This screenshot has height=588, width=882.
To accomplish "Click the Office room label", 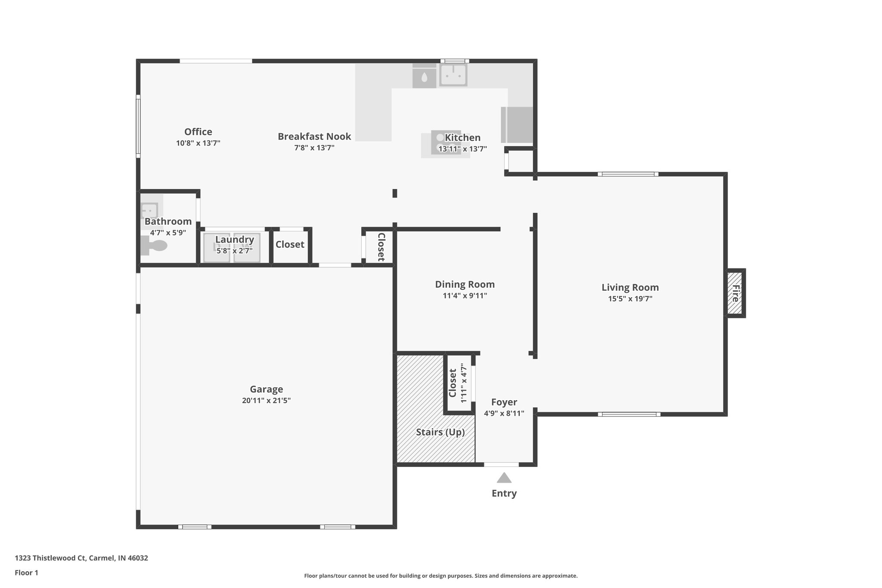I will (x=198, y=132).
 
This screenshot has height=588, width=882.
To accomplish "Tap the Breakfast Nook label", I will (x=314, y=137).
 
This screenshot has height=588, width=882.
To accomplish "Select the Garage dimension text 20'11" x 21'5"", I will (x=266, y=401).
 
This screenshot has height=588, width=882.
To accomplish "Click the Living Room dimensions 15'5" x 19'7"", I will (x=630, y=299).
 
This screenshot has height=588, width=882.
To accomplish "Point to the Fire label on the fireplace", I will (x=735, y=293).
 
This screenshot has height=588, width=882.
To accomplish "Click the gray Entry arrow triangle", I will (x=504, y=478).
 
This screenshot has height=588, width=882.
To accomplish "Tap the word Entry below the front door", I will (x=504, y=494).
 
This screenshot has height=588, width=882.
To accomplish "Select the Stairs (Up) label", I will (x=440, y=432).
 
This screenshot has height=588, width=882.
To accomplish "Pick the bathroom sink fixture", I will (x=149, y=211).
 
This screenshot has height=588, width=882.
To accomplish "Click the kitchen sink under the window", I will (x=453, y=75).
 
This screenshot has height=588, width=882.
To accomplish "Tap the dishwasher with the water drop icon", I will (x=424, y=78).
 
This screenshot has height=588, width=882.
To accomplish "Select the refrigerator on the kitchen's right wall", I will (x=517, y=125).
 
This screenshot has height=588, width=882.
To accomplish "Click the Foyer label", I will (x=504, y=402).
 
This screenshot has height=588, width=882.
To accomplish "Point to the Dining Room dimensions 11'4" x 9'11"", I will (x=464, y=296).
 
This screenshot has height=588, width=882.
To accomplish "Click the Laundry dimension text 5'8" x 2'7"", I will (x=234, y=251).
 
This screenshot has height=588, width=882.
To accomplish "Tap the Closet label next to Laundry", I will (x=290, y=245).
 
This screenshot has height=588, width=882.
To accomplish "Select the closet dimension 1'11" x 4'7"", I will (x=464, y=383).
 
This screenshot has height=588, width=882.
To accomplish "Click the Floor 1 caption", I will (x=26, y=573).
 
